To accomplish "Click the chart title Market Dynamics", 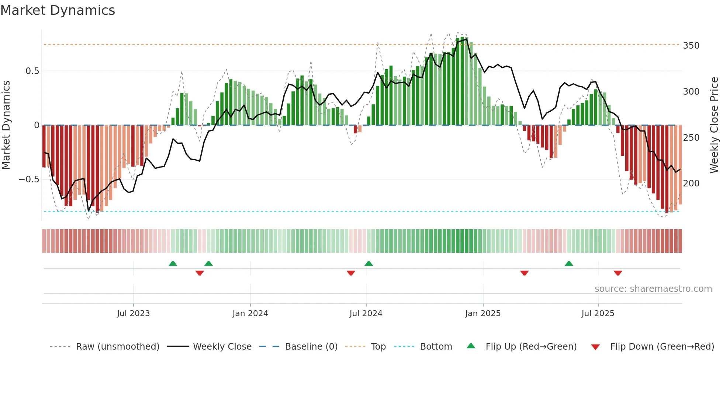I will [58, 10].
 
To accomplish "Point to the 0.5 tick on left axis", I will [32, 71].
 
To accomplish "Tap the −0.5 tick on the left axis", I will [29, 179].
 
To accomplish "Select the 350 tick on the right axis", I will [691, 46].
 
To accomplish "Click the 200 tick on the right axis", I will [691, 183].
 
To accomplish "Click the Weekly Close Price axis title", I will [714, 125].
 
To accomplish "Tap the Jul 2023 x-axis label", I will [133, 314].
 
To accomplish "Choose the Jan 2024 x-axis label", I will [250, 314].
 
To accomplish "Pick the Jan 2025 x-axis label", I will [482, 314].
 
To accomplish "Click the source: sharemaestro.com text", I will [653, 289].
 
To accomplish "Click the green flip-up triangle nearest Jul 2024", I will [369, 263].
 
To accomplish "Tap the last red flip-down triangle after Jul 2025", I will [618, 273].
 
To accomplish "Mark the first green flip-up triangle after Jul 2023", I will [173, 263].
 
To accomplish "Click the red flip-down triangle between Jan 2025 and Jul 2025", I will [524, 273].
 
